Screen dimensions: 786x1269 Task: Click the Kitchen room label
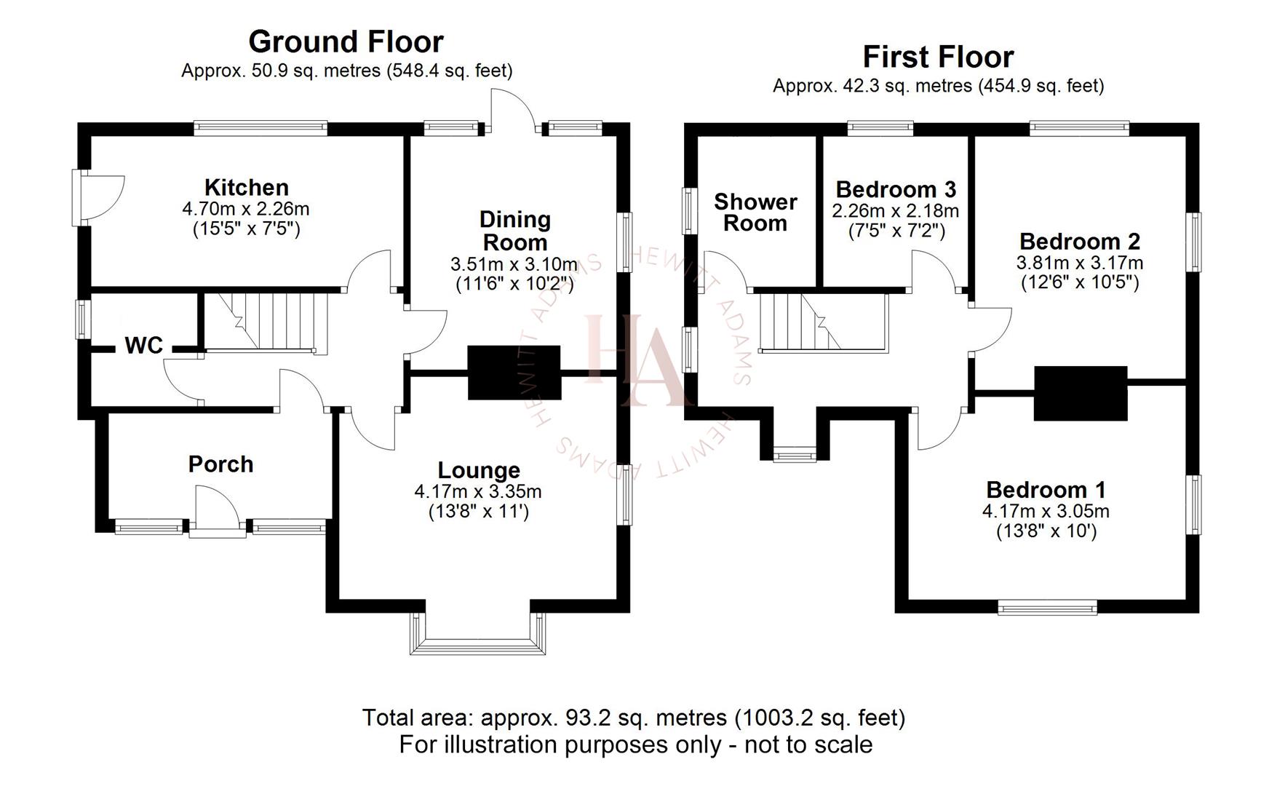[x=246, y=188]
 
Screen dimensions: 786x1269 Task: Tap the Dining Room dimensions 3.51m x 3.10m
[x=514, y=263]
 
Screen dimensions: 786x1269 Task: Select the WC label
[x=143, y=346]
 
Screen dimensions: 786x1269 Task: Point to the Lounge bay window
[x=477, y=637]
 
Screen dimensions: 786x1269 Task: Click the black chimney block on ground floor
[x=514, y=372]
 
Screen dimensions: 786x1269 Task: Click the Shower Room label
[x=755, y=213]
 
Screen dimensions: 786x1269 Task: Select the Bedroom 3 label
[x=895, y=189]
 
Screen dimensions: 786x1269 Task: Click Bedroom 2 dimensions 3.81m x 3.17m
[x=1079, y=262]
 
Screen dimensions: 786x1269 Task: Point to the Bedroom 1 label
[x=1046, y=489]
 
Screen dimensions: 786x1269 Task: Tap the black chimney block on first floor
[x=1081, y=393]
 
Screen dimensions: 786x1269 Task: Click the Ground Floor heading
[x=346, y=41]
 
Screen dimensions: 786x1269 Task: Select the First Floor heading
[x=938, y=57]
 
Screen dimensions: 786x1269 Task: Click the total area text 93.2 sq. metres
[x=633, y=718]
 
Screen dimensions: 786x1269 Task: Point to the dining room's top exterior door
[x=512, y=111]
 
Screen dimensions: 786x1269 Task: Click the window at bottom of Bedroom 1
[x=1047, y=608]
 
